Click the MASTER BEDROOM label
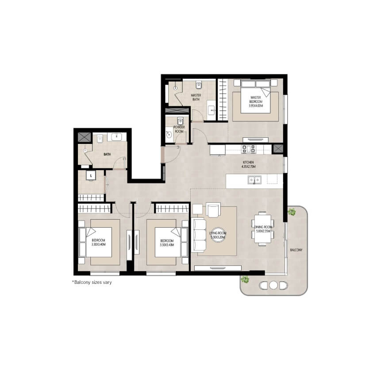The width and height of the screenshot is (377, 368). pos(256,100)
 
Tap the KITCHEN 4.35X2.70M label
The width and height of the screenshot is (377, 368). pos(248,164)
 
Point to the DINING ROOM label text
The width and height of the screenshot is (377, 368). pos(263,227)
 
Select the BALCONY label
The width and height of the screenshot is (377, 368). pos(296,250)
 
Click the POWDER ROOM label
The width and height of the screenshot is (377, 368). pos(179,129)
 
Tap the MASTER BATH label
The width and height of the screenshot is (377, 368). pos(196,97)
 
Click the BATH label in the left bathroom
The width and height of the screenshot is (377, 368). pos(107,154)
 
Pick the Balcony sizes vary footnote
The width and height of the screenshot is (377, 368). pos(92,282)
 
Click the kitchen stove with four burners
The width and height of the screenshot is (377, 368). pos(249,149)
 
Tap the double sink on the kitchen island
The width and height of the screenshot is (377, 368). pos(254,180)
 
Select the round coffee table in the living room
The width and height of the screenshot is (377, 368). pos(218,235)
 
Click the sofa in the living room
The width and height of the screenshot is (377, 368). pos(199,235)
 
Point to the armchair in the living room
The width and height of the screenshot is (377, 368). pos(213,210)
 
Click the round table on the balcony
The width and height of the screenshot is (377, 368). pos(273,285)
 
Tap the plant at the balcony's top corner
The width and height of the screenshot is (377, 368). pos(292,212)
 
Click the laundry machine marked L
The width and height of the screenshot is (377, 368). pos(91,175)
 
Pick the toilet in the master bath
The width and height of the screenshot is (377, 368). pos(199,85)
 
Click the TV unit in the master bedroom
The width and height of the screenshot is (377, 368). pos(256,139)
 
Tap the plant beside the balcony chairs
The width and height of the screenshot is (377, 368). pos(245,280)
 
